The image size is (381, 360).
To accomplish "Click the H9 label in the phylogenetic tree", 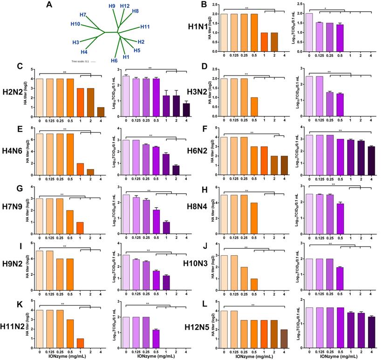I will pos(112,6).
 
